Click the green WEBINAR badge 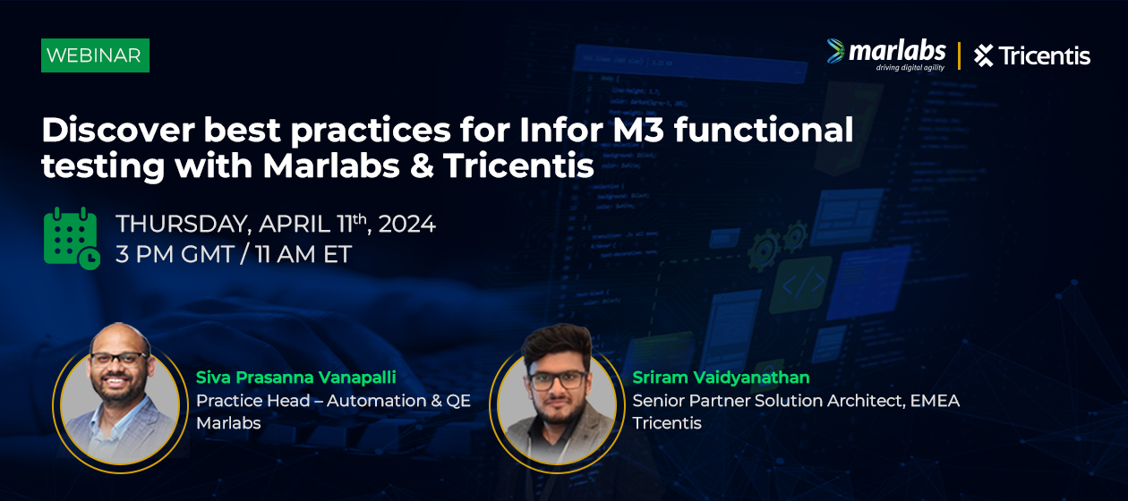(x=95, y=55)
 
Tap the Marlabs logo (x=886, y=55)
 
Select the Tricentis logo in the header (x=1032, y=55)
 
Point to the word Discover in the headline (x=118, y=131)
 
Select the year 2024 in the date (x=406, y=225)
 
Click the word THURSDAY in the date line (x=184, y=225)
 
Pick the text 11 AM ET (x=303, y=254)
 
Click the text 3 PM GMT (x=175, y=254)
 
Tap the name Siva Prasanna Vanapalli (x=296, y=378)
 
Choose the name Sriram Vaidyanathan (x=722, y=378)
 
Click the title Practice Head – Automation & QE (x=333, y=401)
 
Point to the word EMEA (x=935, y=401)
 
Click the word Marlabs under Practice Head (x=228, y=423)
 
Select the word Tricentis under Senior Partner (x=667, y=423)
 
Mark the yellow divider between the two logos (x=959, y=55)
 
